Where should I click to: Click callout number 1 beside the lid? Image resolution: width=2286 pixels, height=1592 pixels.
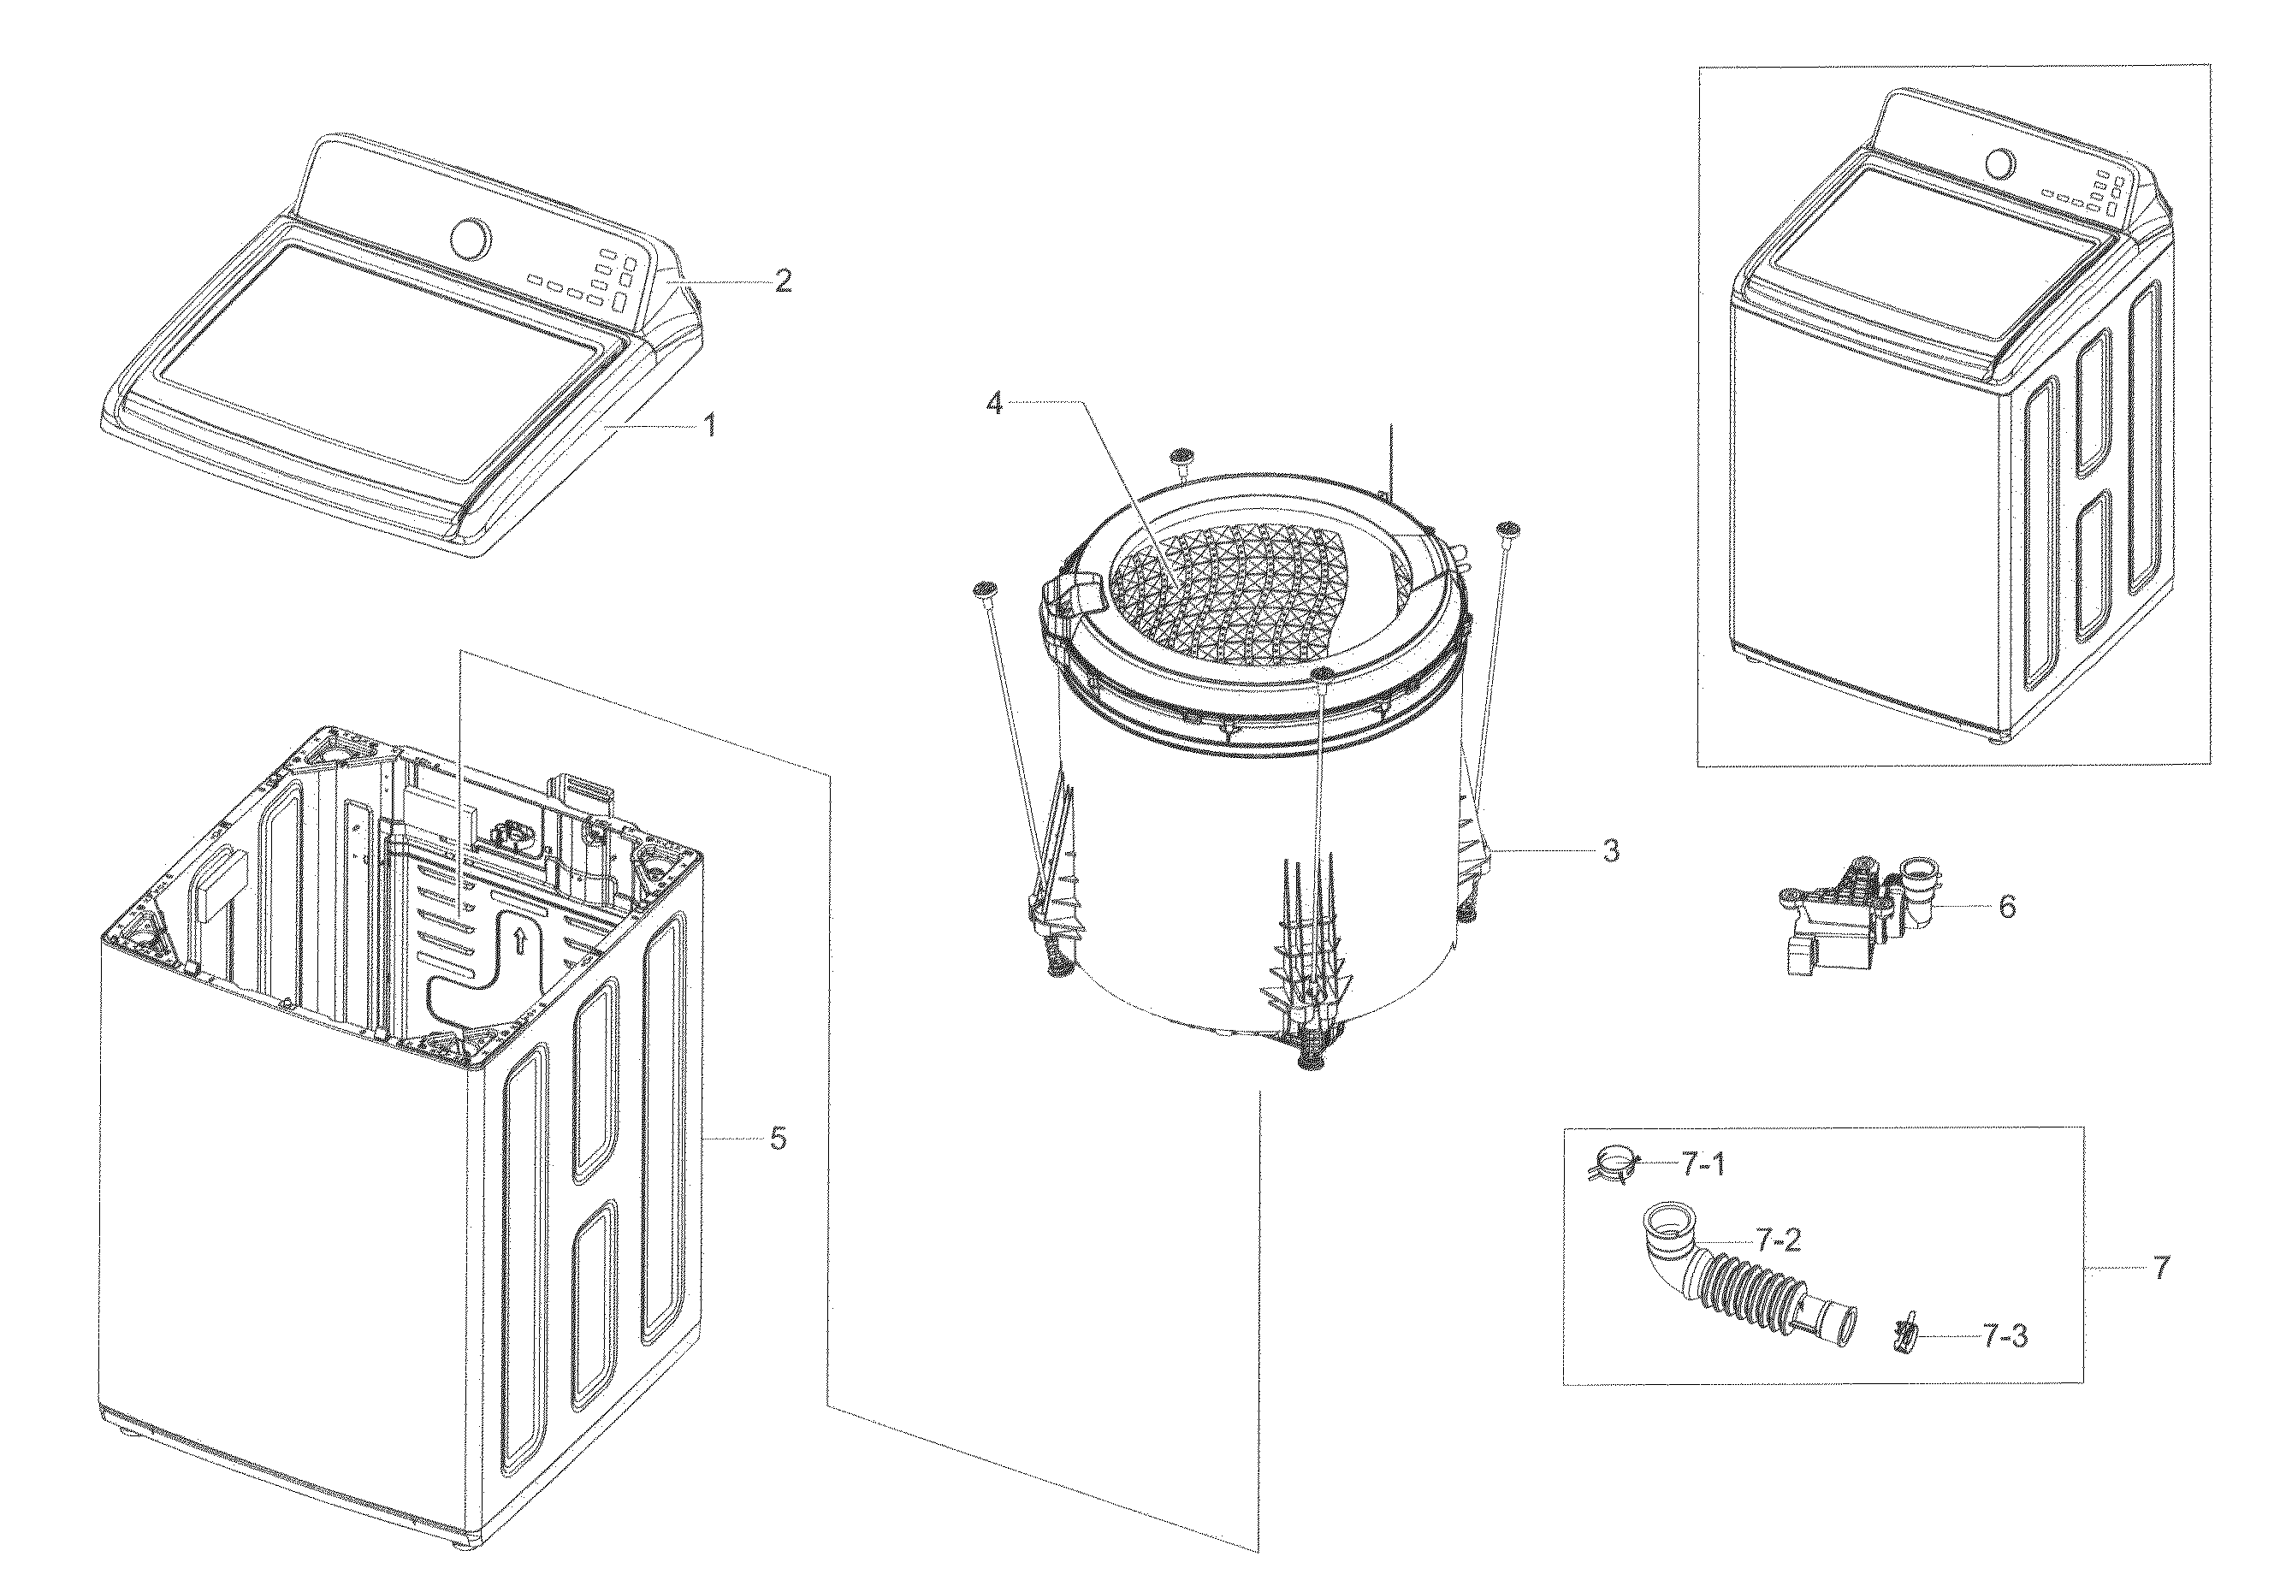point(709,426)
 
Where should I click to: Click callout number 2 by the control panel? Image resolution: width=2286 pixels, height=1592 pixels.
point(784,281)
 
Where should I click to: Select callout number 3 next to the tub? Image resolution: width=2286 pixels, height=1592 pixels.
point(1610,851)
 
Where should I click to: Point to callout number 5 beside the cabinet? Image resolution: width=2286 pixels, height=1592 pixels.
point(778,1138)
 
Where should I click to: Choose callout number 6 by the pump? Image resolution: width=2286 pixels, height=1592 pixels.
point(2007,907)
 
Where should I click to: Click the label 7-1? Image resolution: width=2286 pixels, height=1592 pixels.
point(1703,1163)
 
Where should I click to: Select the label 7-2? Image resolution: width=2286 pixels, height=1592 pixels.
point(1778,1240)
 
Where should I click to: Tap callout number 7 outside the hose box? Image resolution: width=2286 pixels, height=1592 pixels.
point(2160,1269)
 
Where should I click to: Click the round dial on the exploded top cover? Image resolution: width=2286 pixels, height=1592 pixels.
point(470,239)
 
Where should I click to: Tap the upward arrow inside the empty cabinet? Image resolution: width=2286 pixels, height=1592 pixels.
point(518,941)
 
